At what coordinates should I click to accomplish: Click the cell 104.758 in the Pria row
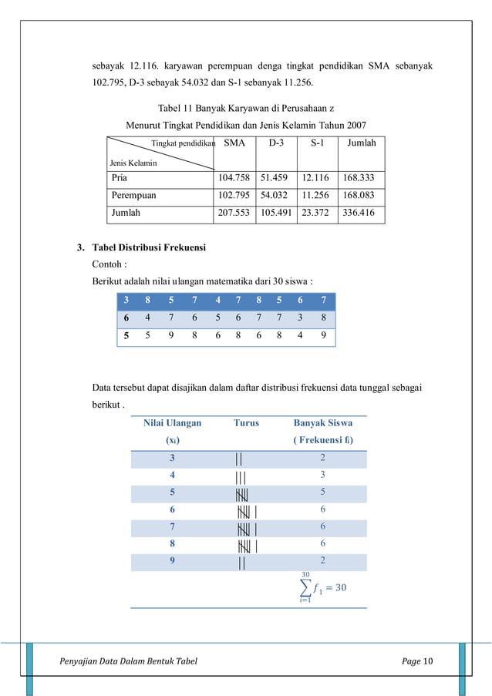click(234, 177)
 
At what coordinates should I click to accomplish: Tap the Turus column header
click(246, 422)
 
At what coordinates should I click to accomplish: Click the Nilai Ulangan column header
click(172, 422)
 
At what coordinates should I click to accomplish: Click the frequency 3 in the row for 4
click(322, 475)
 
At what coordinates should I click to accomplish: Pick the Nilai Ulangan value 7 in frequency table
click(172, 527)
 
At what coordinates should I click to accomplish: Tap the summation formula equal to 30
click(322, 587)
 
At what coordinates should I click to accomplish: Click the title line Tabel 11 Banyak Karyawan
click(245, 109)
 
